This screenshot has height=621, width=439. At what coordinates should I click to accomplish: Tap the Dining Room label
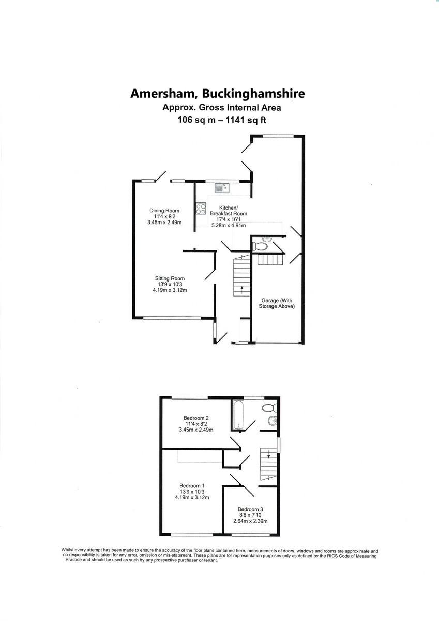click(x=164, y=211)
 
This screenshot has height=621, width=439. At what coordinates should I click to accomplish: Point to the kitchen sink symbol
click(x=221, y=188)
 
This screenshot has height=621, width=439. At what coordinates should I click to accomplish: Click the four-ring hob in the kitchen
click(x=201, y=209)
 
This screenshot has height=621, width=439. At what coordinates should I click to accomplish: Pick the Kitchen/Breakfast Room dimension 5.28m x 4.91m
click(x=229, y=226)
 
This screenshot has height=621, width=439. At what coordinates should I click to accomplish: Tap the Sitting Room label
click(x=170, y=278)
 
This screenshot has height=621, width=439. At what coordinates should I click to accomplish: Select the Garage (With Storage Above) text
click(x=277, y=303)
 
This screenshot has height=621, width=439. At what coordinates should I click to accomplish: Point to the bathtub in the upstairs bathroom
click(x=238, y=415)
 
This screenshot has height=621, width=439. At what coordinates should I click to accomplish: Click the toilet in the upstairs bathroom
click(x=269, y=408)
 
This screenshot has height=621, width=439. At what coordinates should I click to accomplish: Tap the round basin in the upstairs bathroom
click(x=273, y=421)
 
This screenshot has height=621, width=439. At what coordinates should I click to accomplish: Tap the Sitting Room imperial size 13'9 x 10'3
click(x=170, y=285)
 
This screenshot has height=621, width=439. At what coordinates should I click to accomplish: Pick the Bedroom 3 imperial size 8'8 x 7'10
click(x=250, y=515)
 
